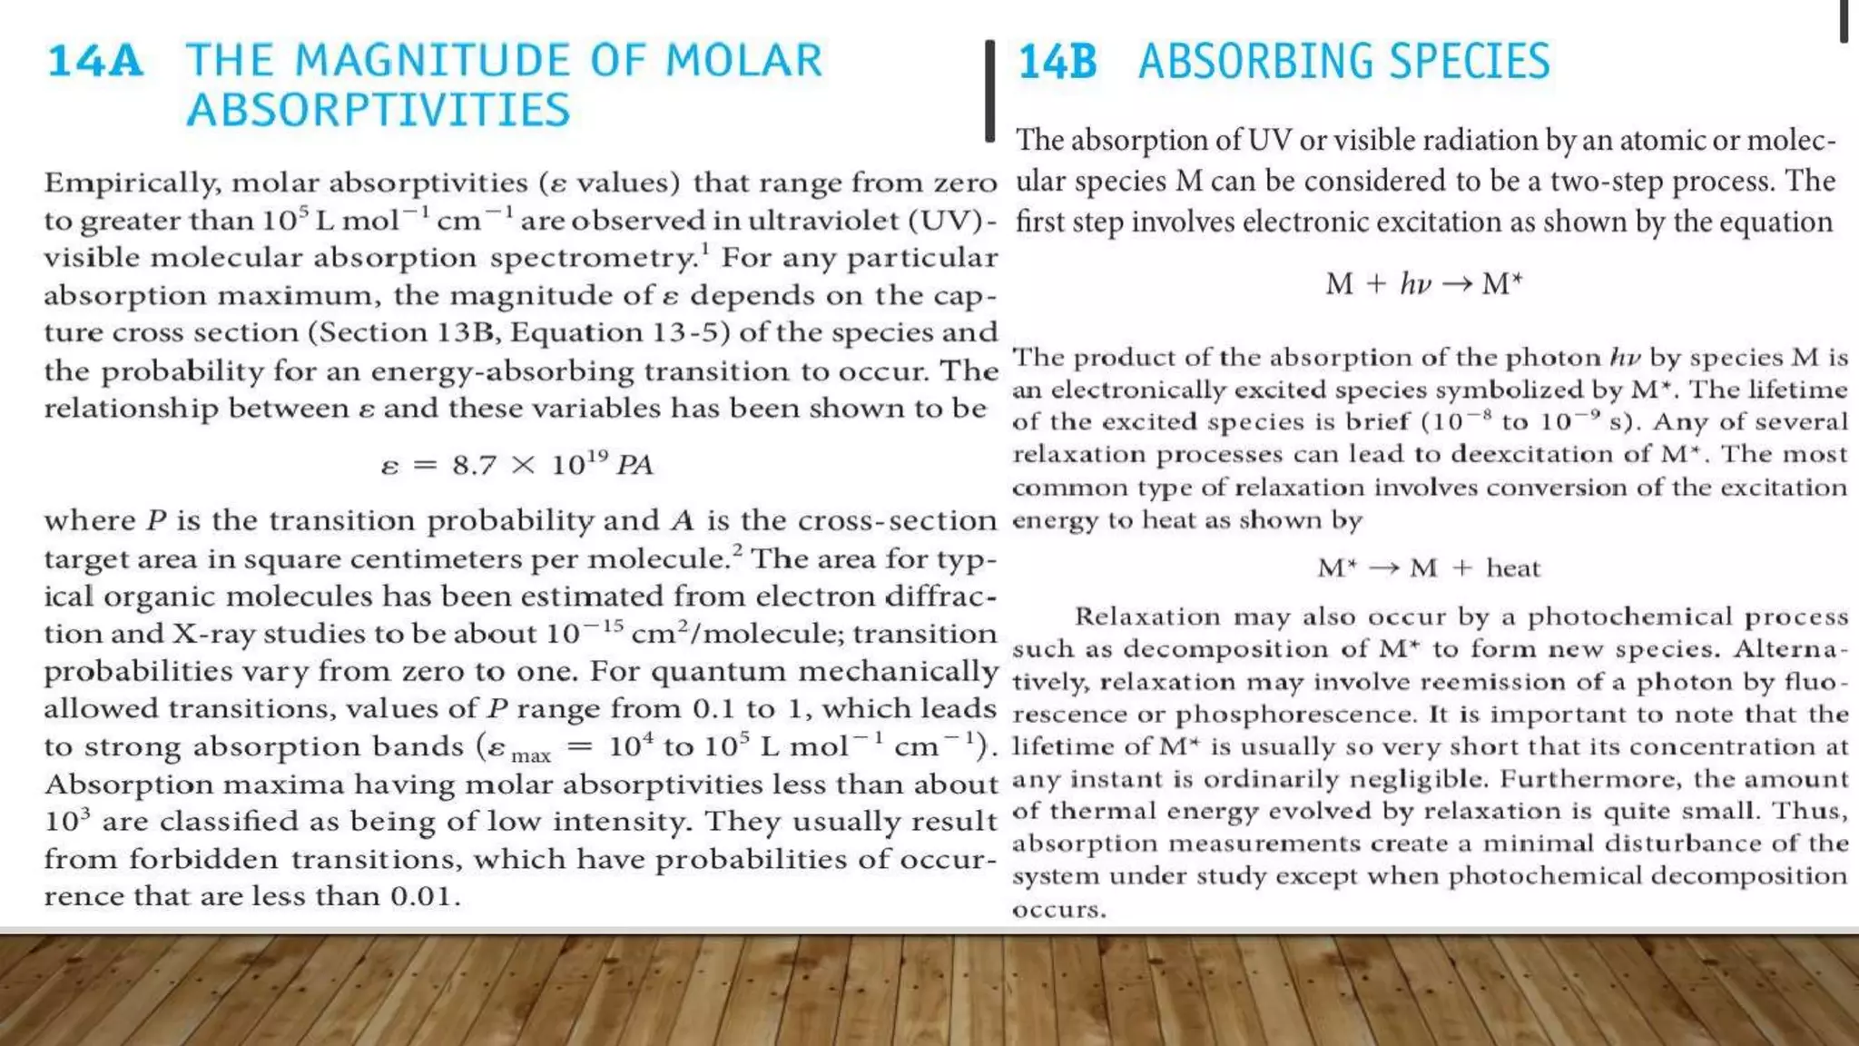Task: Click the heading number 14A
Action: pos(95,62)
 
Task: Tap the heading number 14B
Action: pos(1057,62)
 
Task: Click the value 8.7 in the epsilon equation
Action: pos(475,465)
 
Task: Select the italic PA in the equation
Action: pos(634,465)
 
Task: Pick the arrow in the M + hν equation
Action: pos(1456,284)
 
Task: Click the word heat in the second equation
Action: pos(1513,568)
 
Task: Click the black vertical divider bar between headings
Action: pos(990,90)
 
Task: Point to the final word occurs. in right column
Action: pos(1058,909)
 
